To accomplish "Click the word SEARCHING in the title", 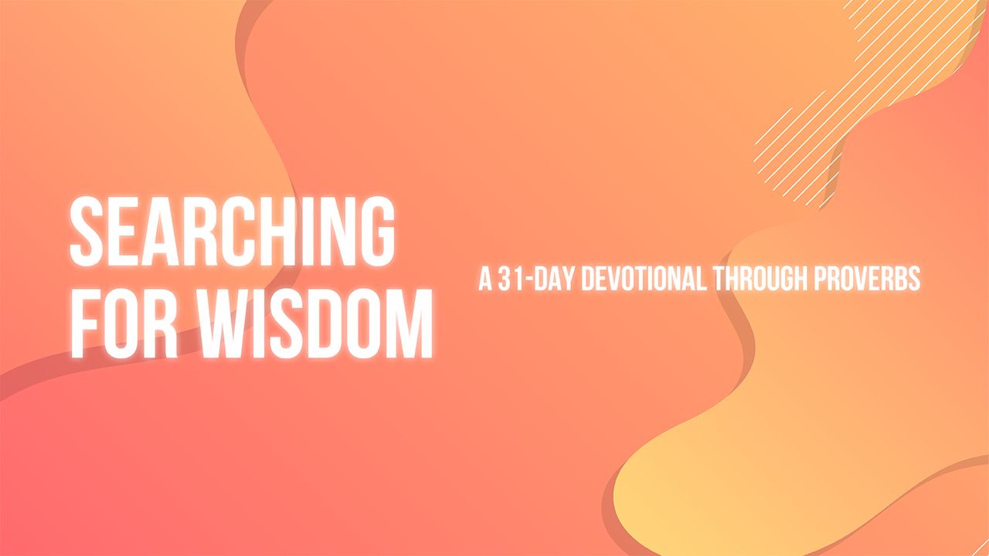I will tap(232, 230).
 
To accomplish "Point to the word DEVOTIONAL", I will tap(643, 279).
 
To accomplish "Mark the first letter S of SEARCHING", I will tap(87, 230).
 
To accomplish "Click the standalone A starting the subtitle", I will tap(485, 279).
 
